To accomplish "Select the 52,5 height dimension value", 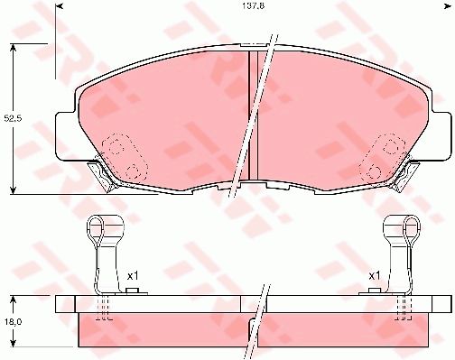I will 11,118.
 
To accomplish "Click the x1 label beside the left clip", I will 132,275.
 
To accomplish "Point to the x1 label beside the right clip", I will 373,275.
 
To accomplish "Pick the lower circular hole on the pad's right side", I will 372,169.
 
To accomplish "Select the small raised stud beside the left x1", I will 131,291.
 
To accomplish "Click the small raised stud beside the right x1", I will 371,291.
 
